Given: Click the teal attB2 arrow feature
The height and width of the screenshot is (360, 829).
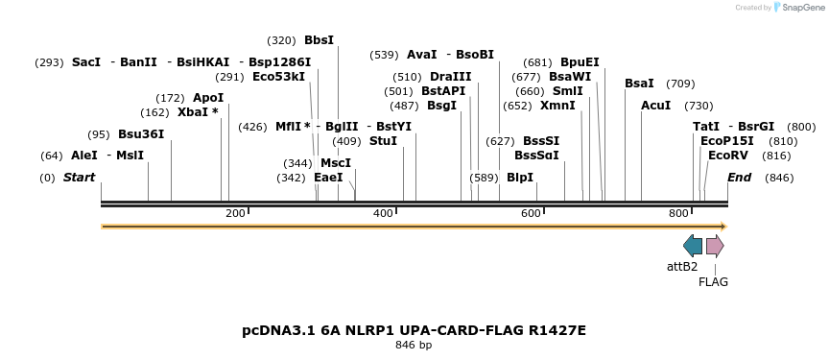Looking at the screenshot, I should click(693, 246).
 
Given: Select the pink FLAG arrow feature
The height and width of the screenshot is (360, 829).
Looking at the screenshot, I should click(715, 246).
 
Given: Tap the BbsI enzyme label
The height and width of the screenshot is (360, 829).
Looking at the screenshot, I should click(319, 40).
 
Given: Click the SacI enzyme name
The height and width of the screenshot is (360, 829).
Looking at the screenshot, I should click(85, 62).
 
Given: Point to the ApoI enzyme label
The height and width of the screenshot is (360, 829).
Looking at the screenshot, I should click(208, 98).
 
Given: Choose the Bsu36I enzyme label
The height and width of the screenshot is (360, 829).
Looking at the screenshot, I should click(141, 134).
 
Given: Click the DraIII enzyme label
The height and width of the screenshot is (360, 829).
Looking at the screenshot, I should click(451, 77).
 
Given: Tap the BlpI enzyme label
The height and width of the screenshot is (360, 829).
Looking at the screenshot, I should click(520, 178).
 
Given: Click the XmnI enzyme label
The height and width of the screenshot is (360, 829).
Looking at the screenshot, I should click(557, 106).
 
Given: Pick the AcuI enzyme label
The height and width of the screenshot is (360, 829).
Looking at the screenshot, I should click(656, 106).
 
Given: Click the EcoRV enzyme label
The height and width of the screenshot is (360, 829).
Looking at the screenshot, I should click(727, 156).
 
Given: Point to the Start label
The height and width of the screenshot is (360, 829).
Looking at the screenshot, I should click(79, 178).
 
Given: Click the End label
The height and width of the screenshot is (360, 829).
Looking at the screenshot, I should click(740, 178).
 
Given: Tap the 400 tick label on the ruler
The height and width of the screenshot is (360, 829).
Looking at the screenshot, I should click(383, 213).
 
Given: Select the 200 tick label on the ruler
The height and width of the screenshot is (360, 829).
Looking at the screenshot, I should click(235, 213).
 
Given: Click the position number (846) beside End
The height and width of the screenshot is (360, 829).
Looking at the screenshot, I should click(779, 178).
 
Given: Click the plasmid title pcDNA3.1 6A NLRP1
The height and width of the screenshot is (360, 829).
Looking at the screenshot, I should click(414, 330).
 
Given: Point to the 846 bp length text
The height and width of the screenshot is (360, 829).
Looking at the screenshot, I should click(414, 346).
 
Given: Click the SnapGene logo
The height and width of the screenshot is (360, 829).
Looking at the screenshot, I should click(798, 8).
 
